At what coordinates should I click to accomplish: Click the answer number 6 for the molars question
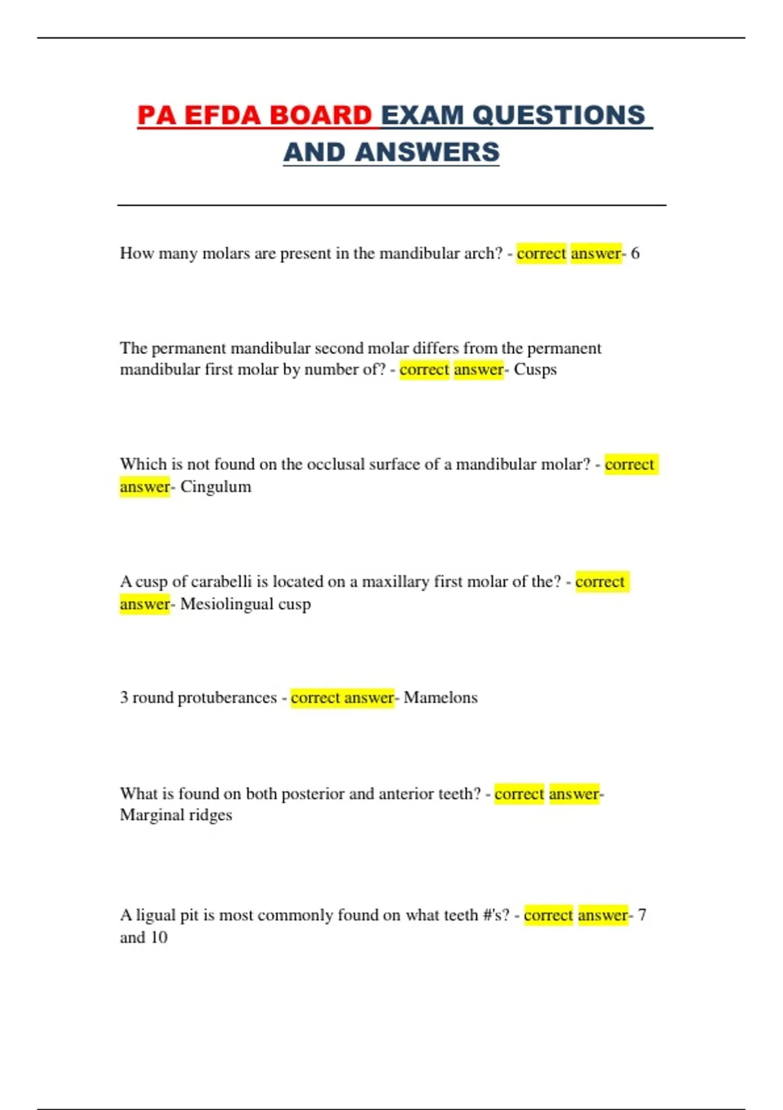(x=635, y=253)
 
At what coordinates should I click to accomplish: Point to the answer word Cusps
(x=535, y=370)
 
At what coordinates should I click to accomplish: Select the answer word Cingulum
(x=215, y=487)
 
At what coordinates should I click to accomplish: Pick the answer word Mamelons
(x=440, y=698)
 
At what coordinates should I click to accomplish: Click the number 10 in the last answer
(x=159, y=938)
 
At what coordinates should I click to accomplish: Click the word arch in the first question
(x=483, y=253)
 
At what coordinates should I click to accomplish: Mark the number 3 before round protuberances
(x=124, y=698)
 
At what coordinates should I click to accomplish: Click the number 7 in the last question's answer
(x=642, y=915)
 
